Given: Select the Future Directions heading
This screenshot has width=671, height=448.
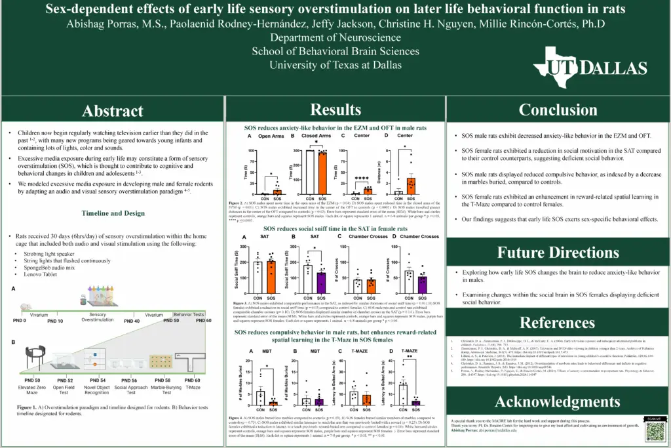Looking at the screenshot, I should [558, 252].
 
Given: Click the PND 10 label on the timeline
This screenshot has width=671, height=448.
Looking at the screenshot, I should [55, 320].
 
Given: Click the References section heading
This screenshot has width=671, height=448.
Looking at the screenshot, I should [558, 322].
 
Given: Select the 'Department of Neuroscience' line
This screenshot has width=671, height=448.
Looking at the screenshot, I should [335, 37].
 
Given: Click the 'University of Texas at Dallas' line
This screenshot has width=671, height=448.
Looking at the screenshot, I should [335, 66].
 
